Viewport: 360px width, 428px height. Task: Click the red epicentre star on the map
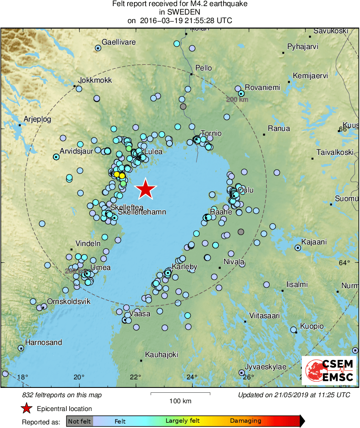(145, 189)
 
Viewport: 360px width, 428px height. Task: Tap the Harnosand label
(44, 342)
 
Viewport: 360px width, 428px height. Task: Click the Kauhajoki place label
(162, 355)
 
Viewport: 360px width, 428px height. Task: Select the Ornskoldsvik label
(69, 302)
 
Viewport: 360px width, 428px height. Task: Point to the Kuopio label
(312, 326)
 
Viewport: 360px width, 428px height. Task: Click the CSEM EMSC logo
(329, 370)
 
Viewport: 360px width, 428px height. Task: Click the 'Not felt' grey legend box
(80, 421)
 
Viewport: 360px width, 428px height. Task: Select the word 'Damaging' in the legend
(245, 421)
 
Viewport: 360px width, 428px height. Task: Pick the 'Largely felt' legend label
(183, 421)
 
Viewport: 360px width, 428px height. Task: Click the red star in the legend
(27, 409)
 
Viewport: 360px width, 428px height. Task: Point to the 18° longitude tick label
(23, 378)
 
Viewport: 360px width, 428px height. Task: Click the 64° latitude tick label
(345, 263)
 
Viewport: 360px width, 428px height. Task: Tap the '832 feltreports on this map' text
(62, 395)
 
